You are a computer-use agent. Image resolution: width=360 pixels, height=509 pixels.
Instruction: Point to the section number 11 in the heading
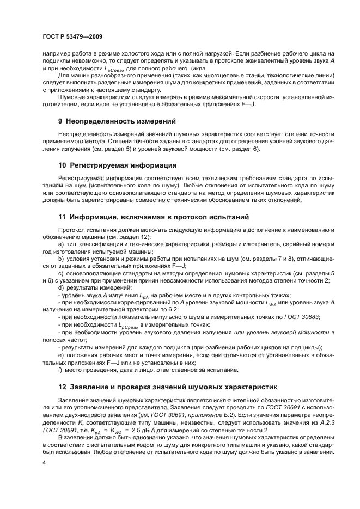(x=62, y=216)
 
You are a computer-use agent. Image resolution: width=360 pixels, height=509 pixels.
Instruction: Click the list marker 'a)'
(x=60, y=244)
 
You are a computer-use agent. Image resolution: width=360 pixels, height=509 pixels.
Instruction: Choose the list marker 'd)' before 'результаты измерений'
(x=60, y=287)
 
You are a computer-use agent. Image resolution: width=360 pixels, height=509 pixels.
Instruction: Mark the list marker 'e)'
(x=60, y=355)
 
